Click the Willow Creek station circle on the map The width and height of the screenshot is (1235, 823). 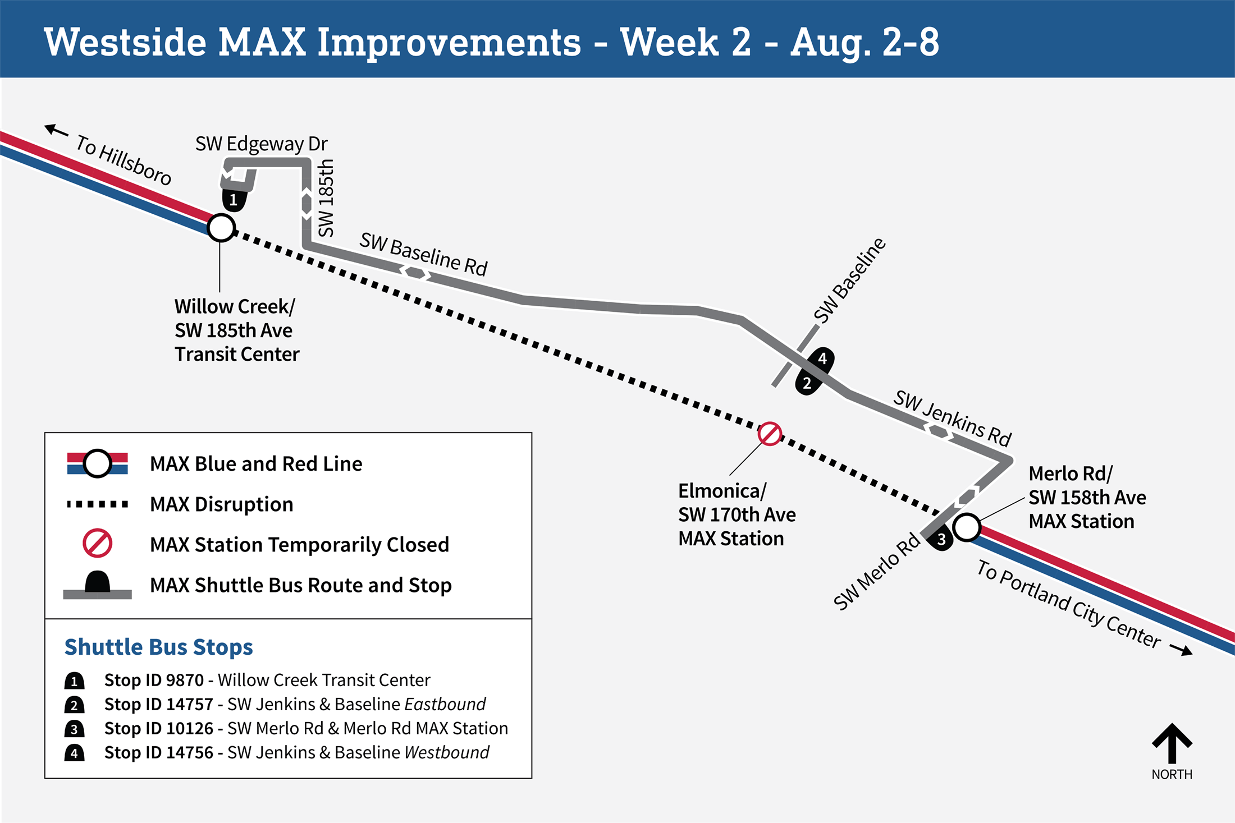pyautogui.click(x=221, y=228)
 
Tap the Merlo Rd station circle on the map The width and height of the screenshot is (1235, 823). pyautogui.click(x=967, y=527)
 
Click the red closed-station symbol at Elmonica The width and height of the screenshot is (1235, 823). pyautogui.click(x=770, y=434)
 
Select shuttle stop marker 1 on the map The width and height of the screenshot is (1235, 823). pyautogui.click(x=234, y=199)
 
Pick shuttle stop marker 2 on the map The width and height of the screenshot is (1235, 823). pyautogui.click(x=808, y=383)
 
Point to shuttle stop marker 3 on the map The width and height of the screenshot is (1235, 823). pyautogui.click(x=941, y=540)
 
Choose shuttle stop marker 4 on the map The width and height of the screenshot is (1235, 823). pyautogui.click(x=822, y=358)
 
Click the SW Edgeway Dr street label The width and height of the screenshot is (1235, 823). pyautogui.click(x=261, y=144)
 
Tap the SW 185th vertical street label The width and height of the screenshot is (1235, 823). pyautogui.click(x=326, y=197)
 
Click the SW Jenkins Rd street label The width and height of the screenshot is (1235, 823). pyautogui.click(x=952, y=417)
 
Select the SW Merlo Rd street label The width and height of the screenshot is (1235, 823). pyautogui.click(x=876, y=571)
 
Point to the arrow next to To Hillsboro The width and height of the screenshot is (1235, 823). pyautogui.click(x=56, y=131)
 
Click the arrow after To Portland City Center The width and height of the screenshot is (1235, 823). pyautogui.click(x=1181, y=650)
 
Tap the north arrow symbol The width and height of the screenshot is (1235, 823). pyautogui.click(x=1172, y=743)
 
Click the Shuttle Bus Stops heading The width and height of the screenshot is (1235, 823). pyautogui.click(x=159, y=647)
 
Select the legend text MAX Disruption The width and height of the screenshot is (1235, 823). pyautogui.click(x=221, y=504)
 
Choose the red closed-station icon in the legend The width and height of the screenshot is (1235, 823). pyautogui.click(x=97, y=543)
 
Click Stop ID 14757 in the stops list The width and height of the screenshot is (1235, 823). pyautogui.click(x=159, y=704)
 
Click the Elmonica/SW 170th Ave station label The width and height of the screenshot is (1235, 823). pyautogui.click(x=737, y=514)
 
